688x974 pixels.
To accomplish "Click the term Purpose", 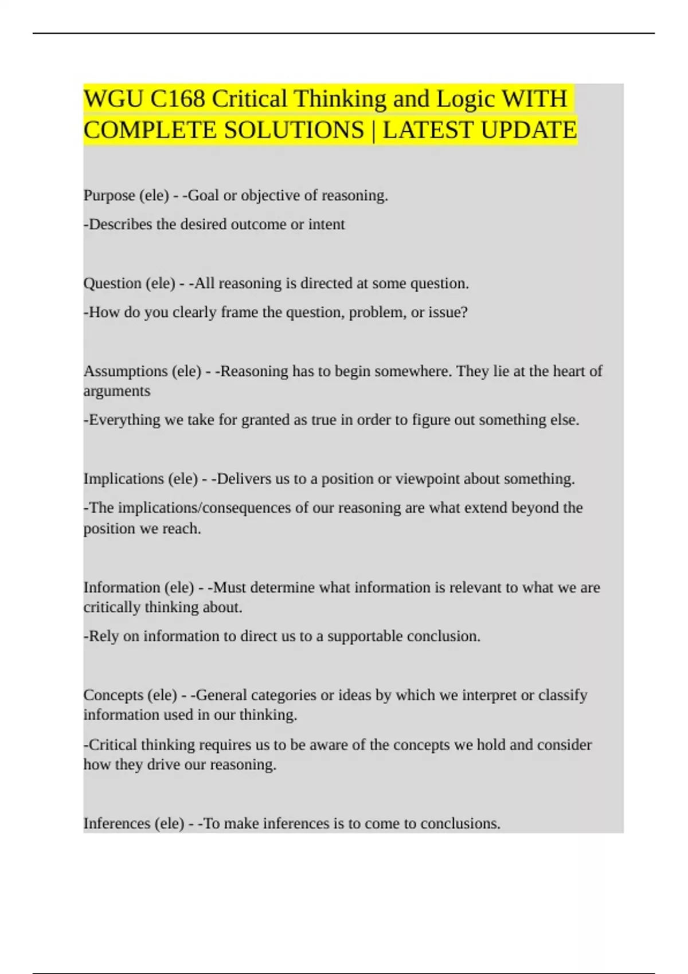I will point(109,195).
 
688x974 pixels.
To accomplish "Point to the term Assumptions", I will point(126,371).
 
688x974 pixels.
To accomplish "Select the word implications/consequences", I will point(205,508).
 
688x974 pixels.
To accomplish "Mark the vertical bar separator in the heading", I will point(373,130).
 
